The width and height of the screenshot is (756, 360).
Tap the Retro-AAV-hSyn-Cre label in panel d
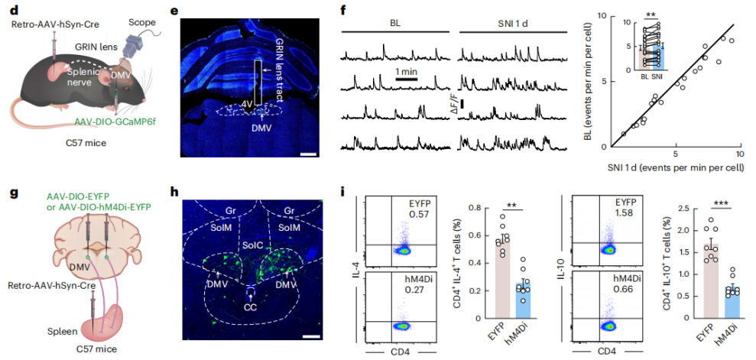(x=49, y=24)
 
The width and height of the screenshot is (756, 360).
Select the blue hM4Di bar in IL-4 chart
(x=521, y=302)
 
